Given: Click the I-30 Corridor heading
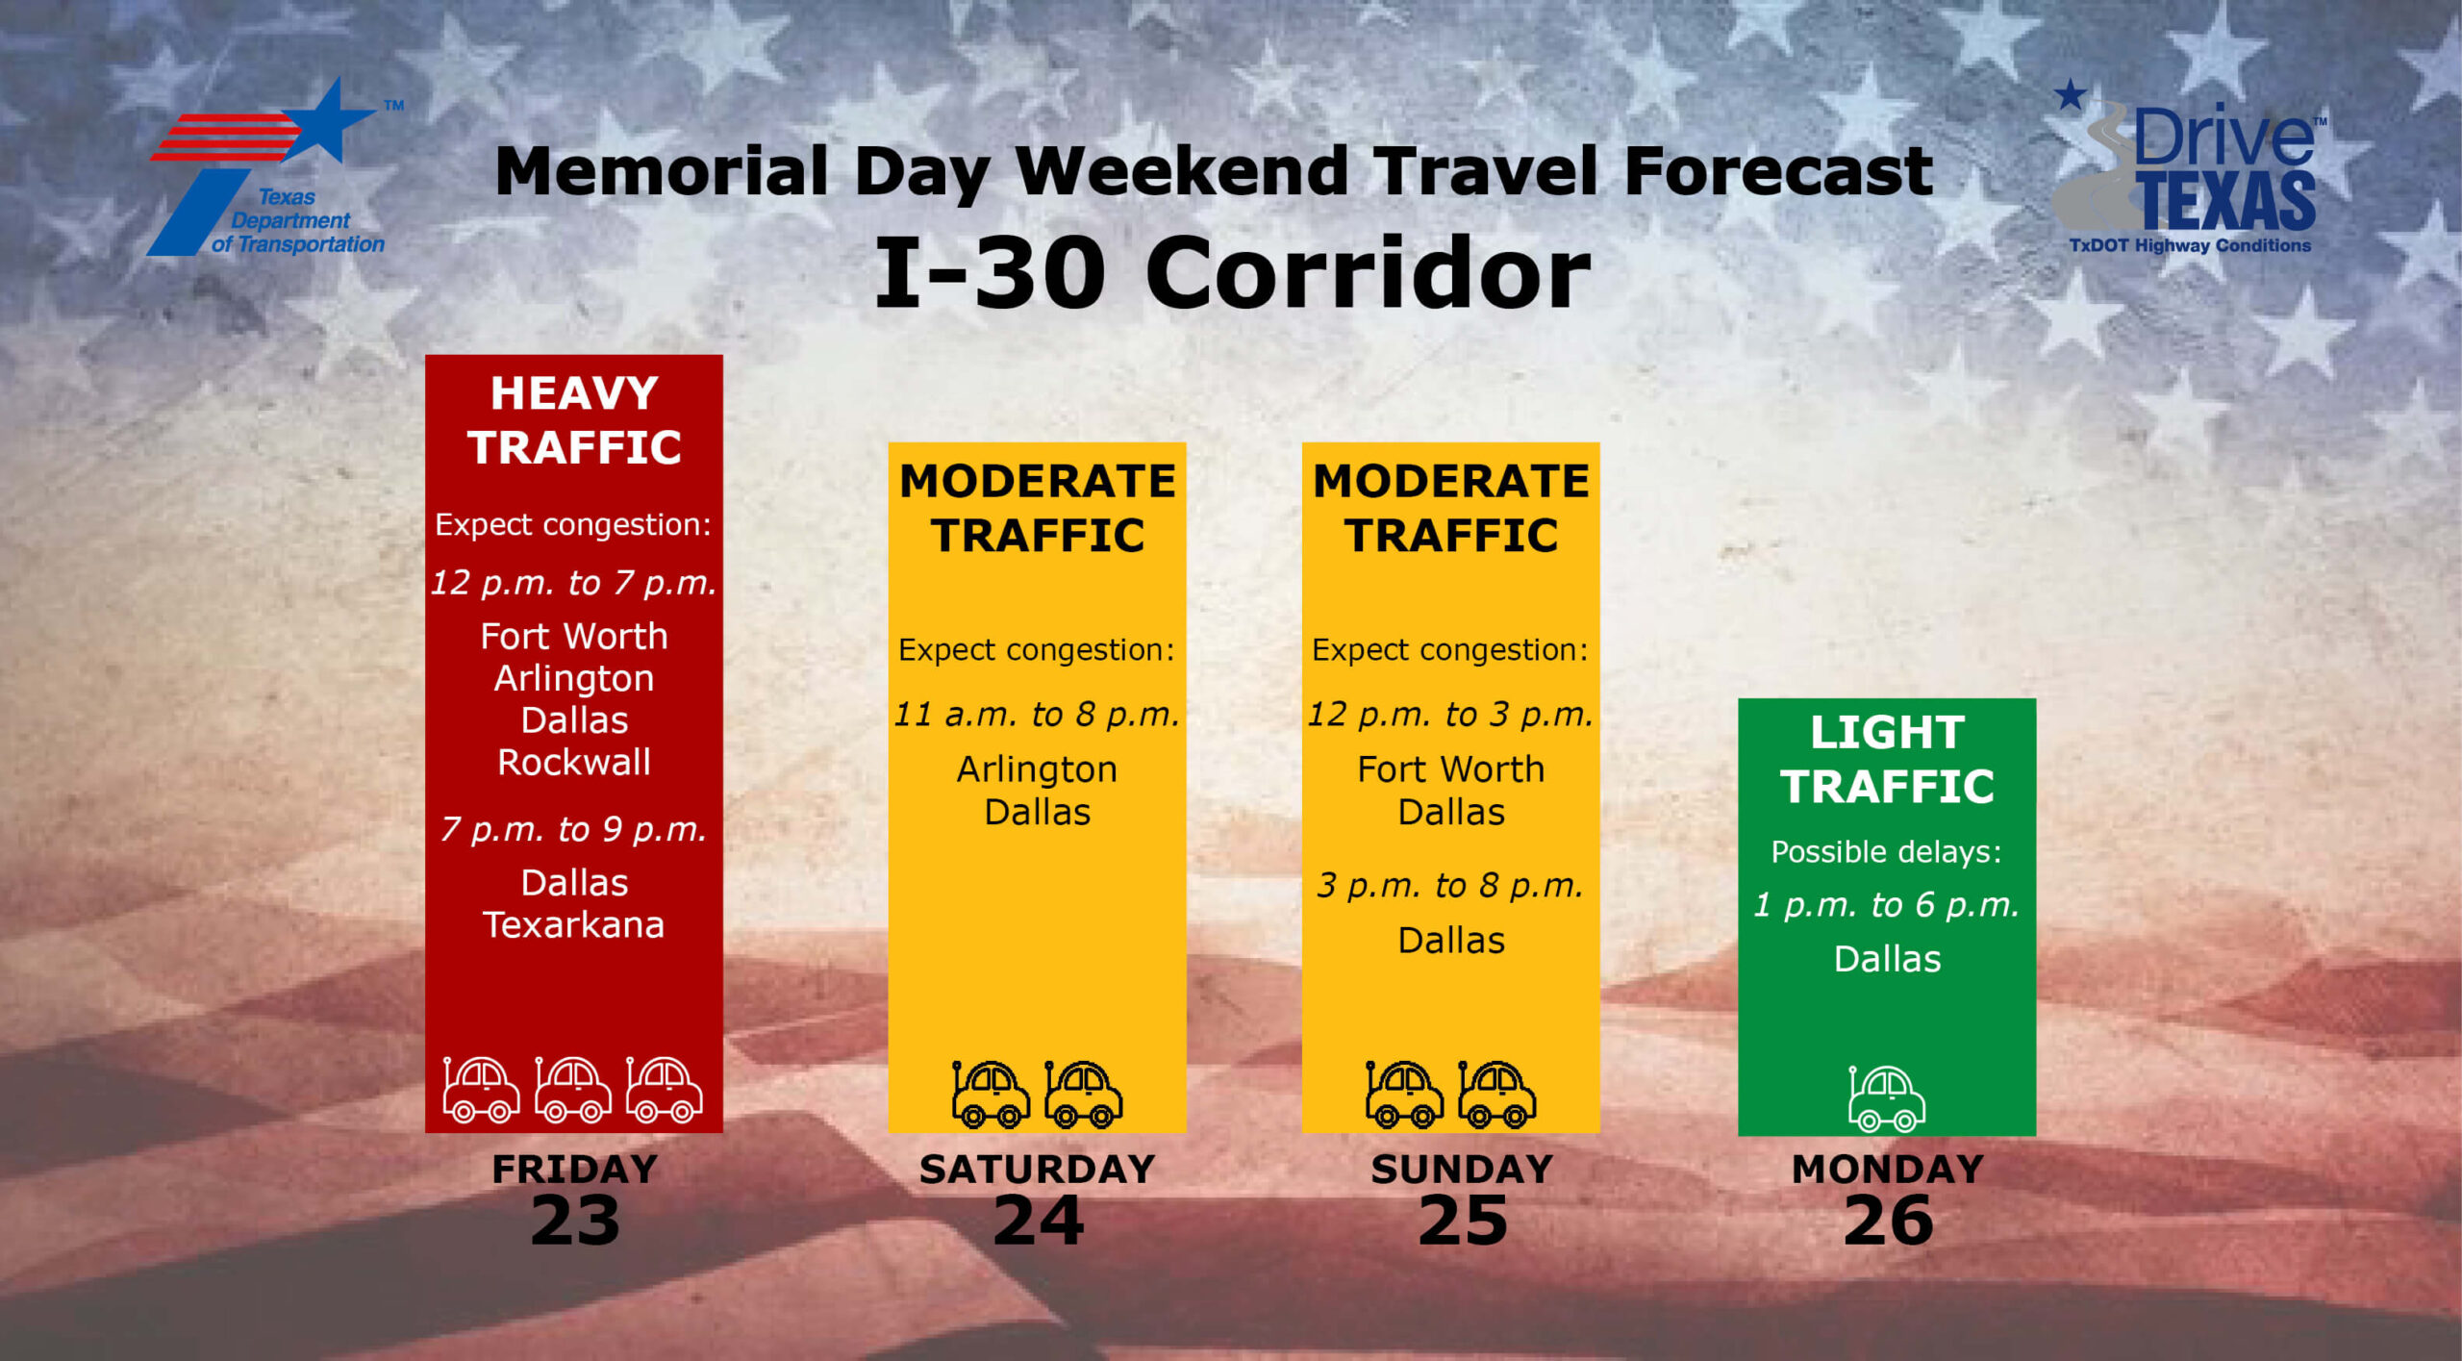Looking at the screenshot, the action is [x=1232, y=273].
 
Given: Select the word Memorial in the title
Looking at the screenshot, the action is [x=662, y=171].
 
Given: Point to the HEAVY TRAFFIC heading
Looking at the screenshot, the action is [x=574, y=420].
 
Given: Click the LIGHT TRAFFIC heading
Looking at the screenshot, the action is [x=1887, y=759].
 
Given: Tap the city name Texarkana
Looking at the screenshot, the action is [x=574, y=924].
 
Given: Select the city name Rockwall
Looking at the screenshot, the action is [x=574, y=762].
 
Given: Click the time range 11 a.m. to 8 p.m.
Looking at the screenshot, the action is [x=1037, y=715].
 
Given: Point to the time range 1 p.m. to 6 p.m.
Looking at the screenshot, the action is [x=1887, y=905].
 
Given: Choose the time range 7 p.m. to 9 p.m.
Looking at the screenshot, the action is [x=574, y=829].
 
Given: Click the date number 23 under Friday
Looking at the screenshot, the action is [x=575, y=1221].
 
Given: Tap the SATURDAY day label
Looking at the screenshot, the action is [x=1038, y=1169].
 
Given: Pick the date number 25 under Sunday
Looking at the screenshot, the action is [x=1463, y=1221].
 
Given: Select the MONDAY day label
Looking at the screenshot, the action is [x=1888, y=1169].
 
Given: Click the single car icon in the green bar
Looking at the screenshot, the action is [x=1886, y=1097].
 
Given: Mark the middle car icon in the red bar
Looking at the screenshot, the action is [x=573, y=1090].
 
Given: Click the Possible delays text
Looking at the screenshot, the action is [x=1887, y=852].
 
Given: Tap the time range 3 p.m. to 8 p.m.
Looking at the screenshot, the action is [x=1450, y=886].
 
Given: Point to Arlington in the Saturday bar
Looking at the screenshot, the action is [x=1037, y=769].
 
